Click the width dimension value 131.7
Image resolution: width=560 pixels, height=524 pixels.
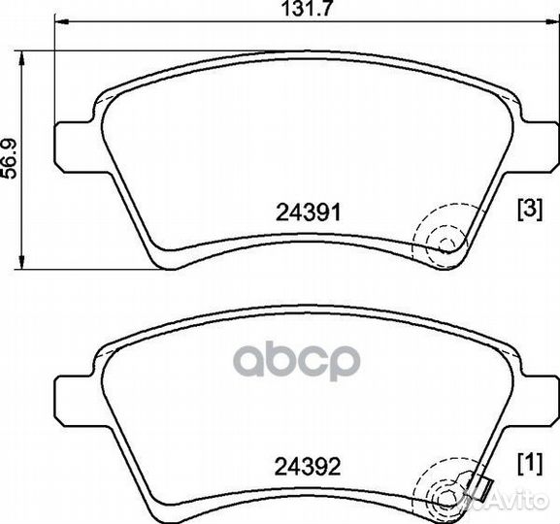(x=307, y=9)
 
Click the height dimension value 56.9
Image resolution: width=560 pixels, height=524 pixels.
(x=9, y=158)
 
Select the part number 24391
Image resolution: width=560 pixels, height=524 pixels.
(x=309, y=213)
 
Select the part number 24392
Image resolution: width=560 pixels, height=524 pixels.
(x=308, y=467)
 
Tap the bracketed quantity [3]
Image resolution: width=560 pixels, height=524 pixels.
(x=530, y=210)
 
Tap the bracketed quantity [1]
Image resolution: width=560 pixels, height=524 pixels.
(x=530, y=464)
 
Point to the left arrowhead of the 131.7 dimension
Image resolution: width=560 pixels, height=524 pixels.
(x=62, y=21)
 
